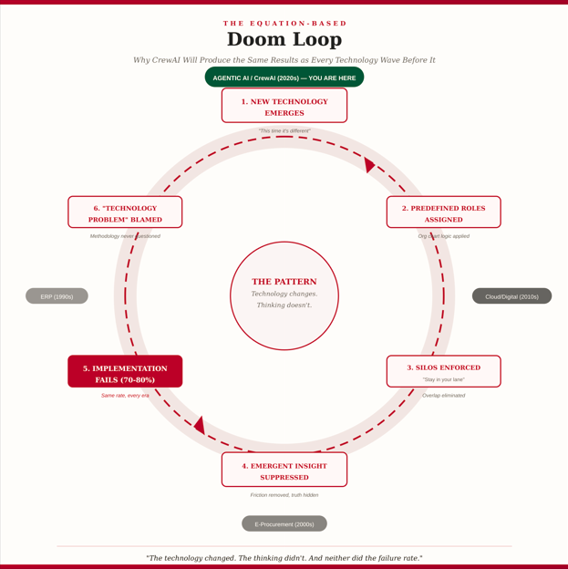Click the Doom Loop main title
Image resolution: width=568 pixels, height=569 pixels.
(284, 39)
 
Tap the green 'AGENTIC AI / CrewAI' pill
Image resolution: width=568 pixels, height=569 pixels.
(284, 78)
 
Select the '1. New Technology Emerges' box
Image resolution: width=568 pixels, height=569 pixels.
(284, 106)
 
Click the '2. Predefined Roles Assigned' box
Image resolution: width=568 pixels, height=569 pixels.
(443, 212)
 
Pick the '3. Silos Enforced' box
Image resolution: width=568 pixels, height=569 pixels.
(443, 371)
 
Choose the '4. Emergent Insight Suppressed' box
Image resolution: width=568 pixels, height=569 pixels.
(284, 470)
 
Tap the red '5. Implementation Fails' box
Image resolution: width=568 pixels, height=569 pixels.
(125, 372)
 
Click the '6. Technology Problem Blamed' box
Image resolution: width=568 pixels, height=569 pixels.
(125, 212)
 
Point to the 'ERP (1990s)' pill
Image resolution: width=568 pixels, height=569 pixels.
(57, 296)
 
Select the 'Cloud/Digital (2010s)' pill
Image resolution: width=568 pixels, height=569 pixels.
(511, 296)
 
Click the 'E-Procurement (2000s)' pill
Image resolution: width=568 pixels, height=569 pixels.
(284, 524)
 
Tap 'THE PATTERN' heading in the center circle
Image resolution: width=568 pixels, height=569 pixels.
(284, 282)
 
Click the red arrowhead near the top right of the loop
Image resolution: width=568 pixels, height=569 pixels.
(368, 165)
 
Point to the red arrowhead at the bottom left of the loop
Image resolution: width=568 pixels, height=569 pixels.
(200, 425)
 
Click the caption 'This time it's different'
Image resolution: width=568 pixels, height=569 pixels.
(284, 131)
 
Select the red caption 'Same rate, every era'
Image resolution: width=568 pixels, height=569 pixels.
(125, 396)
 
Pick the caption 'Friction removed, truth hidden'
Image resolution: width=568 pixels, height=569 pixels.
(284, 495)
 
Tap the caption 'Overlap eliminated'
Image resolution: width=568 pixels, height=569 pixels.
(443, 396)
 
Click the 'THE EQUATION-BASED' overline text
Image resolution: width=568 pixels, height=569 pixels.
(284, 24)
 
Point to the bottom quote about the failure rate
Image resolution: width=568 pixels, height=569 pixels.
(284, 557)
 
